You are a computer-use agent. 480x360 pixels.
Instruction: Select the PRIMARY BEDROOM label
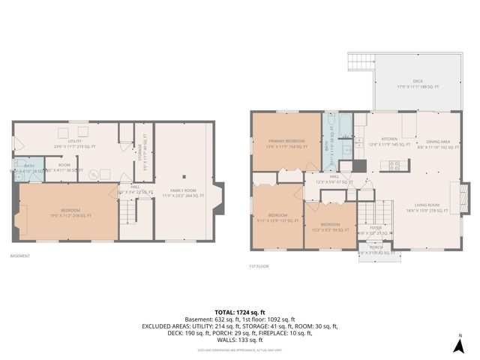(x=286, y=142)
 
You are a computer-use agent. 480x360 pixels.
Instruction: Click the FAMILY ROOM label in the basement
(x=182, y=193)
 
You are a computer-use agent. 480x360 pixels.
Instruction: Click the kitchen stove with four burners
(x=394, y=165)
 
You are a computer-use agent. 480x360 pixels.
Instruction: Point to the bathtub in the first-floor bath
(x=344, y=124)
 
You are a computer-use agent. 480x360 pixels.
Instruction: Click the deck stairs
(x=360, y=62)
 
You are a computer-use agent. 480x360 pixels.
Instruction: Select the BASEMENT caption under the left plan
(x=20, y=256)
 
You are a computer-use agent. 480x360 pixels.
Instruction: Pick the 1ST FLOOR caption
(x=259, y=265)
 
